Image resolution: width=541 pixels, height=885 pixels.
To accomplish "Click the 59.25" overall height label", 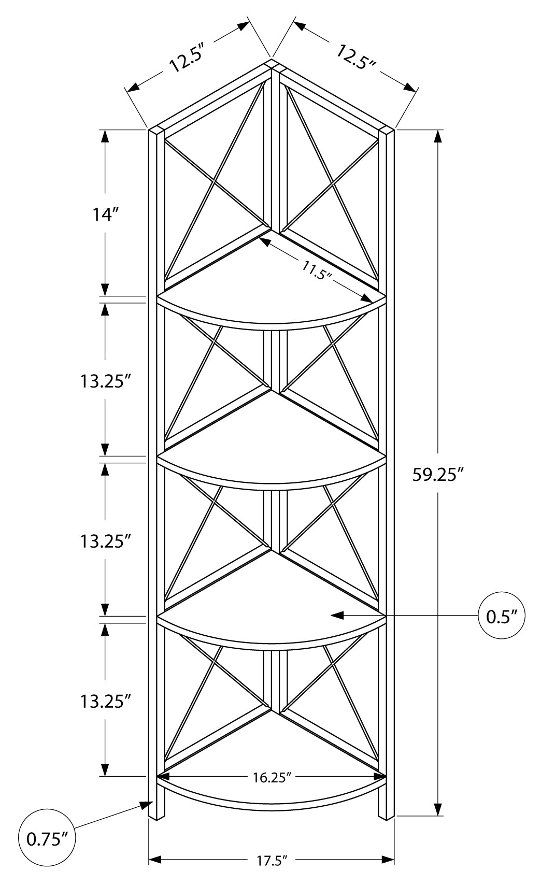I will [437, 475].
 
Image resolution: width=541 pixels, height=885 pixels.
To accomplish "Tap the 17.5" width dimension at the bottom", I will [272, 861].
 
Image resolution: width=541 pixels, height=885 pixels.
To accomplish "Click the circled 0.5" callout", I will [502, 616].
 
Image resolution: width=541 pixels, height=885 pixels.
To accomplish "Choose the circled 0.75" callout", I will [47, 839].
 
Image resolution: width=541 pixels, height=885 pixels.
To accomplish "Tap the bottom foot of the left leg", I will [153, 817].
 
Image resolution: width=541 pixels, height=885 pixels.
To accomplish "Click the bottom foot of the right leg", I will [386, 817].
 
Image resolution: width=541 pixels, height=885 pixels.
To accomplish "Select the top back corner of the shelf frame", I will [272, 64].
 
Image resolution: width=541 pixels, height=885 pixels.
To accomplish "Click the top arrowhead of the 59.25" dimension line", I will [438, 136].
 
